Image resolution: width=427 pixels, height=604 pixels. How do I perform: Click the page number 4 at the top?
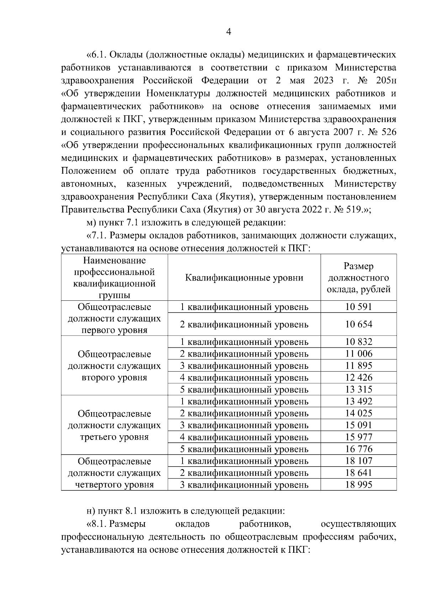tap(229, 32)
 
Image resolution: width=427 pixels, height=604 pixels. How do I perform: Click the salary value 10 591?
tap(358, 307)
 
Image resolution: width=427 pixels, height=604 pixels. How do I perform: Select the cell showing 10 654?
tap(358, 324)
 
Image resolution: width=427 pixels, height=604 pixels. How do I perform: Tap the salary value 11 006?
tap(358, 354)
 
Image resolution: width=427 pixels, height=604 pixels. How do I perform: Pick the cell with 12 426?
tap(358, 378)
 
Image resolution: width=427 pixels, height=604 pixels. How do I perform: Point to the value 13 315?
tap(358, 389)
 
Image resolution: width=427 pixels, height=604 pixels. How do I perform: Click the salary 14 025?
tap(358, 413)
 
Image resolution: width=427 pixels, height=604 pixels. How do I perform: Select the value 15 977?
tap(358, 437)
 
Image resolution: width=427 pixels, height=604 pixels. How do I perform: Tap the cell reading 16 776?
tap(358, 449)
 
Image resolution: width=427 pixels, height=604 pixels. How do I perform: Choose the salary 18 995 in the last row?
tap(358, 485)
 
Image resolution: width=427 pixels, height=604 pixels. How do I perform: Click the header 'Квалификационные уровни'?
tap(244, 278)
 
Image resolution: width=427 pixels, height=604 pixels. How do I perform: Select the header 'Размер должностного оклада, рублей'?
tap(358, 278)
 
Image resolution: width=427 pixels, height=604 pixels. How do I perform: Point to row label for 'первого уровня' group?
tap(114, 319)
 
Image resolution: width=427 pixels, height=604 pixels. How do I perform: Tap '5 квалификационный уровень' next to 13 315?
tap(244, 390)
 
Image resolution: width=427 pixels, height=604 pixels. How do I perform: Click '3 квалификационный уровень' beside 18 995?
tap(244, 485)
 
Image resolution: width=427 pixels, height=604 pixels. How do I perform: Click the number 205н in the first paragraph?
tap(385, 80)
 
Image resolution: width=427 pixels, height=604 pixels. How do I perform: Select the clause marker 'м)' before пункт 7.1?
tap(91, 223)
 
